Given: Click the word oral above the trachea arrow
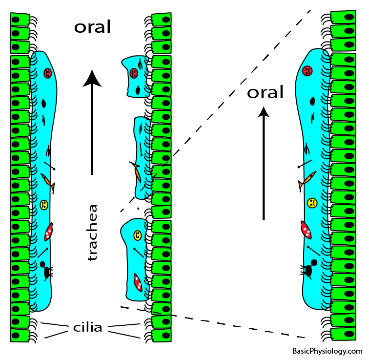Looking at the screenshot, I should click(x=93, y=27).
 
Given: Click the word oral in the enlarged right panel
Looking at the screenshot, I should click(x=265, y=92).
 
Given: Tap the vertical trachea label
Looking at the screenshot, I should click(x=92, y=232).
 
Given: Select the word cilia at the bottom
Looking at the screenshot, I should click(x=88, y=327).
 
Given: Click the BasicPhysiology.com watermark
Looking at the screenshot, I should click(x=327, y=351).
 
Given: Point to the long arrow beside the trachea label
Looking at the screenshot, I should click(x=92, y=122).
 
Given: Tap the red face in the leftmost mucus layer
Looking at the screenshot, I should click(x=47, y=73).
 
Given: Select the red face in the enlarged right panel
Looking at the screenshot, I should click(x=307, y=71).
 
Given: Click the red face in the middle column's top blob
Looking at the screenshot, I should click(x=133, y=73).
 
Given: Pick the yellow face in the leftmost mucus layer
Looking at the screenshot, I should click(x=43, y=205).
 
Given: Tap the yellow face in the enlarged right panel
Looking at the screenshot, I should click(x=311, y=202).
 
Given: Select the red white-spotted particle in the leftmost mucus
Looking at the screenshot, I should click(x=48, y=232).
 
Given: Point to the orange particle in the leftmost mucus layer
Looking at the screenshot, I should click(x=47, y=181).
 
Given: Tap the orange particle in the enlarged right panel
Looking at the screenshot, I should click(x=305, y=180).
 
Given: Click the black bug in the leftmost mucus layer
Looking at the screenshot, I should click(x=46, y=271).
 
